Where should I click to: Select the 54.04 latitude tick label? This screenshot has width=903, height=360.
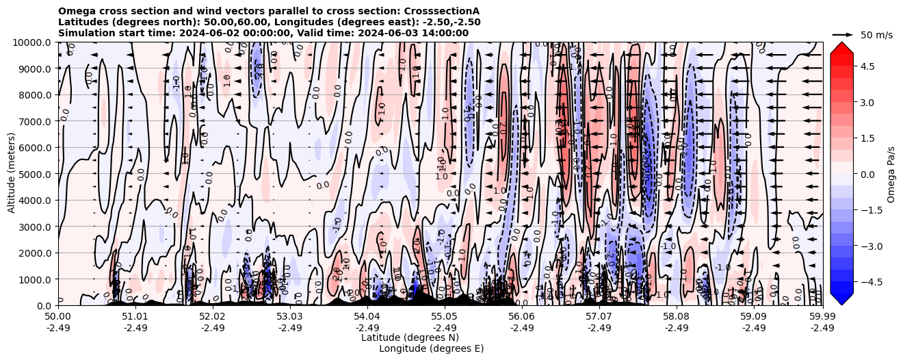367,317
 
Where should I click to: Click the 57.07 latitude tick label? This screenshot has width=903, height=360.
599,317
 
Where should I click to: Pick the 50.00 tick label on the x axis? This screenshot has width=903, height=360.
58,317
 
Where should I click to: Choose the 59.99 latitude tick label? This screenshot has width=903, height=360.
822,317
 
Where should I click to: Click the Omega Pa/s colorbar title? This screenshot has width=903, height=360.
891,174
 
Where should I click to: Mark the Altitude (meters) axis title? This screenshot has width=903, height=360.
12,174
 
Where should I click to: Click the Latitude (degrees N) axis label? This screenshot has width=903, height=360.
410,337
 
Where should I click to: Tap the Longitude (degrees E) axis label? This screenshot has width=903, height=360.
431,348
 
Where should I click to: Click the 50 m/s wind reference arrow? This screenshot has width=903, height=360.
842,34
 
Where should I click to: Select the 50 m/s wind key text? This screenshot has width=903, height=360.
876,35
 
